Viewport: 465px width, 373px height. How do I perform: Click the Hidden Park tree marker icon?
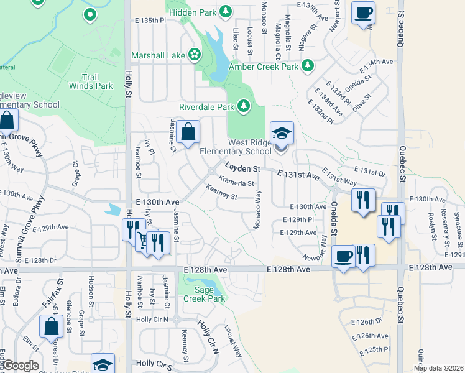pos(225,11)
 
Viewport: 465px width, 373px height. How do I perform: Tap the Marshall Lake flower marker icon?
pos(195,55)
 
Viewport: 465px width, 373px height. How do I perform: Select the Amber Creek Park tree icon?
pos(307,66)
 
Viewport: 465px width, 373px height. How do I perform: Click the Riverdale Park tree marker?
pos(243,107)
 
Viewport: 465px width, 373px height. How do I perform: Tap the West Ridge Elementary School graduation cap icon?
pos(281,133)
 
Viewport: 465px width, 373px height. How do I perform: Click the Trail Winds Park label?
pos(91,81)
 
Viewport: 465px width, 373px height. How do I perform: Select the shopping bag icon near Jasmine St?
pos(188,132)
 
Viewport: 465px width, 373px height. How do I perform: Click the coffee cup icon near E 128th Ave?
pos(343,256)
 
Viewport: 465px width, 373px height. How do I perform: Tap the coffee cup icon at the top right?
pos(363,12)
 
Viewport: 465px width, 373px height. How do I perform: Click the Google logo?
pos(21,366)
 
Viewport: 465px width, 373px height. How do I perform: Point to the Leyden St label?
pos(242,168)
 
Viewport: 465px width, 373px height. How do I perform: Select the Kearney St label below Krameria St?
pos(222,196)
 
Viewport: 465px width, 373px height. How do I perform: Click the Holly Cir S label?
pos(154,363)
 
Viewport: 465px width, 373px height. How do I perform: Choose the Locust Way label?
pos(233,341)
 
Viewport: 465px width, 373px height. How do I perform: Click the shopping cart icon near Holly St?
pos(144,239)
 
